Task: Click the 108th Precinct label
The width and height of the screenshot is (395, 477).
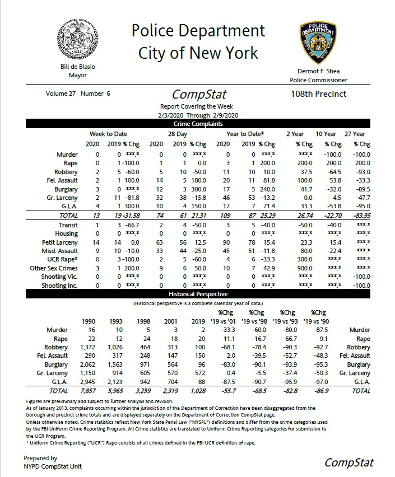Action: (x=318, y=94)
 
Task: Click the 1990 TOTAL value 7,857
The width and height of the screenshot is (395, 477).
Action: (x=89, y=391)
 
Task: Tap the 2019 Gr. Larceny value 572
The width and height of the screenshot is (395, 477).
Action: (x=199, y=373)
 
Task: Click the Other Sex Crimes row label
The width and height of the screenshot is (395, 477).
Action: (x=54, y=268)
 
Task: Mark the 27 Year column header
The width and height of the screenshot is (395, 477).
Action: (x=354, y=134)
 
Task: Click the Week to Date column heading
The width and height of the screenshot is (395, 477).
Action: (x=108, y=134)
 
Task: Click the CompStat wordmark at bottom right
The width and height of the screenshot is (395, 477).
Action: (x=348, y=462)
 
